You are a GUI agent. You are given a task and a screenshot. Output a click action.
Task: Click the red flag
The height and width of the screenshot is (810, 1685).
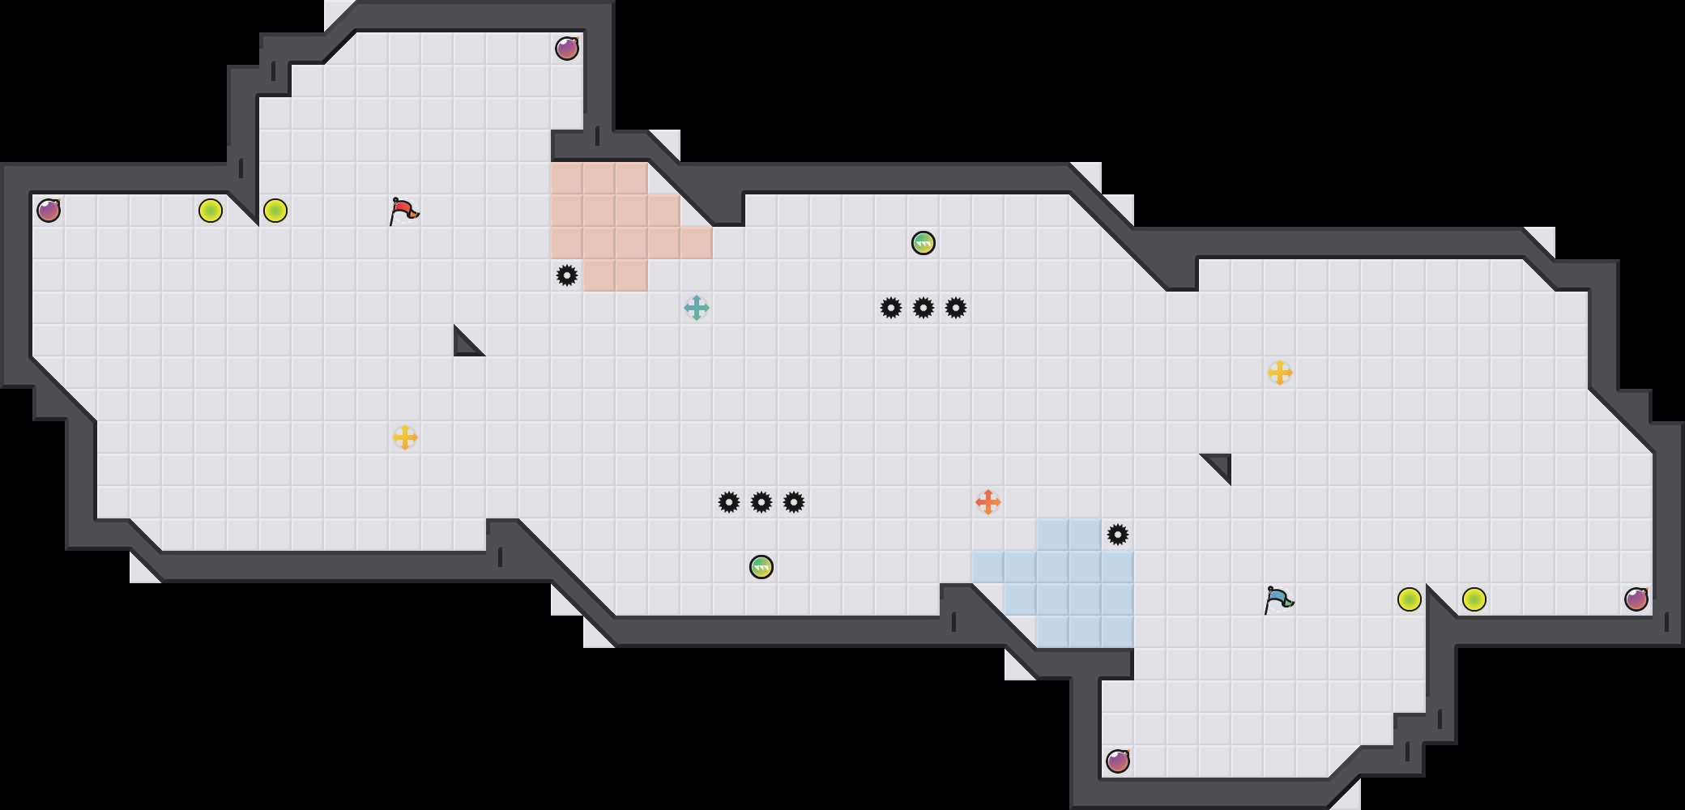tap(403, 211)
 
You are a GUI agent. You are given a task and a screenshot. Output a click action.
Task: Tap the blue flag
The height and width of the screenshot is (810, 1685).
tap(1278, 599)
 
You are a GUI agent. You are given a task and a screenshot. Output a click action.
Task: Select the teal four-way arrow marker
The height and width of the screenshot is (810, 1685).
tap(697, 308)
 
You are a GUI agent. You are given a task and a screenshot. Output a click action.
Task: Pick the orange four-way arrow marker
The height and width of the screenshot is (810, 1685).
tap(988, 502)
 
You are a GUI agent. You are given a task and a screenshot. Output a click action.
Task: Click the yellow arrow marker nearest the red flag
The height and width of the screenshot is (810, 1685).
tap(405, 437)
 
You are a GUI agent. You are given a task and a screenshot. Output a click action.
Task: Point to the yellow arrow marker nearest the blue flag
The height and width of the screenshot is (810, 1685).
tap(1280, 373)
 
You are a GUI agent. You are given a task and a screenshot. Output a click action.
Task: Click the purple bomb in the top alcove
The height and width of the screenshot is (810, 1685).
tap(567, 49)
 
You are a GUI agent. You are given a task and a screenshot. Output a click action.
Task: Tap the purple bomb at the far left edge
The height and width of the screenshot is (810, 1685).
tap(49, 211)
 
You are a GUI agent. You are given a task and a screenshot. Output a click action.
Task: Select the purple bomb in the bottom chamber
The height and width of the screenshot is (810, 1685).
tap(1118, 761)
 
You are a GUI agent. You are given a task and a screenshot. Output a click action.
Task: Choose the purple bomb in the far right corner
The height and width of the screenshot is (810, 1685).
tap(1636, 599)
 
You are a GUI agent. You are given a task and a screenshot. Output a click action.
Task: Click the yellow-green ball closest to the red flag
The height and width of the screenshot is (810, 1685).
tap(275, 211)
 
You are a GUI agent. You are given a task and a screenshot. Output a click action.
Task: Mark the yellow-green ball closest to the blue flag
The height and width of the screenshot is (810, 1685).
tap(1410, 599)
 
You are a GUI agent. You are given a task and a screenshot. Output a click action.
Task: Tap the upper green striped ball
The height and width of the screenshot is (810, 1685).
tap(924, 243)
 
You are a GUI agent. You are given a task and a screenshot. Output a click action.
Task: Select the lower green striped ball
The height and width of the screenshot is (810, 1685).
tap(761, 567)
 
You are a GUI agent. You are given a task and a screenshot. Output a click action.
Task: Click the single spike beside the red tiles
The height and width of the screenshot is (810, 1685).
tap(567, 275)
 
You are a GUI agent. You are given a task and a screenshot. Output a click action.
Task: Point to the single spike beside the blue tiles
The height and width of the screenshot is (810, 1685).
tap(1118, 535)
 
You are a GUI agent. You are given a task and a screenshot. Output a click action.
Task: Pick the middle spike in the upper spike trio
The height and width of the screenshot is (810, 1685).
tap(924, 308)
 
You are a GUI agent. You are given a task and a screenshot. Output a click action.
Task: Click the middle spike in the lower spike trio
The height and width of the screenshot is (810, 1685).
tap(761, 502)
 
